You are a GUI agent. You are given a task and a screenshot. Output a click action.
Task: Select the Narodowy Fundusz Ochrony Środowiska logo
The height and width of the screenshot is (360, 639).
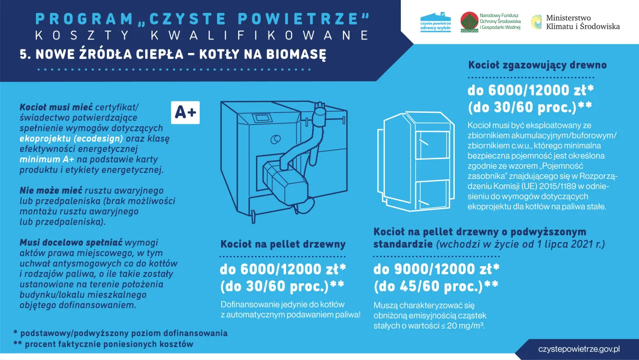(490, 22)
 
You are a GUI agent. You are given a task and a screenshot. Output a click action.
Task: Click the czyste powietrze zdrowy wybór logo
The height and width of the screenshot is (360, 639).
(435, 22)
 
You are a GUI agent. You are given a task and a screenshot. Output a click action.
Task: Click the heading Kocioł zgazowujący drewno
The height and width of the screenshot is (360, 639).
(537, 65)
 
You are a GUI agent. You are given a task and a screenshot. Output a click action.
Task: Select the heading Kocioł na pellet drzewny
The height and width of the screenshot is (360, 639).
(283, 244)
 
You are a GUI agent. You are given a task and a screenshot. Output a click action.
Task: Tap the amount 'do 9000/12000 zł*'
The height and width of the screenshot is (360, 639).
(436, 269)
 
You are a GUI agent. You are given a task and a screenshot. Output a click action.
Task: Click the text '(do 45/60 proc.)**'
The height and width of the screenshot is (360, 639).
(436, 286)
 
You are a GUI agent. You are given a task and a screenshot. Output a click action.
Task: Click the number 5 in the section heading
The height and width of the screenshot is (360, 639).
(22, 54)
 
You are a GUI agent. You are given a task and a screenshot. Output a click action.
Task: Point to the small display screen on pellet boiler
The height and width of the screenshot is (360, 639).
(261, 118)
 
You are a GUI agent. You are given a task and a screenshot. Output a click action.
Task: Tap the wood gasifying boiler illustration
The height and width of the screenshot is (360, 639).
(418, 160)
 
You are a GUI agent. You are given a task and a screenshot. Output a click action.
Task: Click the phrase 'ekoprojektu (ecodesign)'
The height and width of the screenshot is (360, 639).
(71, 138)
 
